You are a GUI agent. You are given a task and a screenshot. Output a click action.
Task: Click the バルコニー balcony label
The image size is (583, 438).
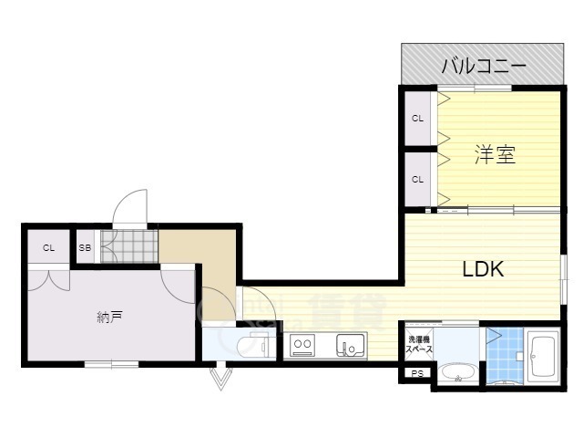coord(484,66)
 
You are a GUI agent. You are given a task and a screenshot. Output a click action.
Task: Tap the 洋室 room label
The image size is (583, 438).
coord(495,155)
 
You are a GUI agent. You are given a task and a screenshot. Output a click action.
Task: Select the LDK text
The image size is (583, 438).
coord(483,270)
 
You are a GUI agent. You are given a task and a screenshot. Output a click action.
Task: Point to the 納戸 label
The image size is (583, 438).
coord(109,318)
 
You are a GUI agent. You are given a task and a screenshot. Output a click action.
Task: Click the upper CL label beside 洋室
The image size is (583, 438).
coord(417,119)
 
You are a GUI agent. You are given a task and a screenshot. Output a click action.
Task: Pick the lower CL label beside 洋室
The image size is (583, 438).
coord(417,179)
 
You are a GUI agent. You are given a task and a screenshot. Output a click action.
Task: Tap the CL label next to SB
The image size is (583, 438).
coord(47,247)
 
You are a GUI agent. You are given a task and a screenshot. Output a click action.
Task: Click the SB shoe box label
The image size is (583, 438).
coord(85,247)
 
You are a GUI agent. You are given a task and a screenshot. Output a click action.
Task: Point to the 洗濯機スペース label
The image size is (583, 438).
coord(419,345)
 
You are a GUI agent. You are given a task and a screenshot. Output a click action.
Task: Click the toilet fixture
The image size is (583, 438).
coord(250,345)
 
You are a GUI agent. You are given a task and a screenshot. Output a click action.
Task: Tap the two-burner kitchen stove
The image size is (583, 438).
coord(303,346)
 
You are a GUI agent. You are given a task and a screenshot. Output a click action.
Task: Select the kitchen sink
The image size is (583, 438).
coord(349,346)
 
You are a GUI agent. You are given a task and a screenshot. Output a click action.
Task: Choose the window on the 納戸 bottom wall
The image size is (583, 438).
coord(111,364)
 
